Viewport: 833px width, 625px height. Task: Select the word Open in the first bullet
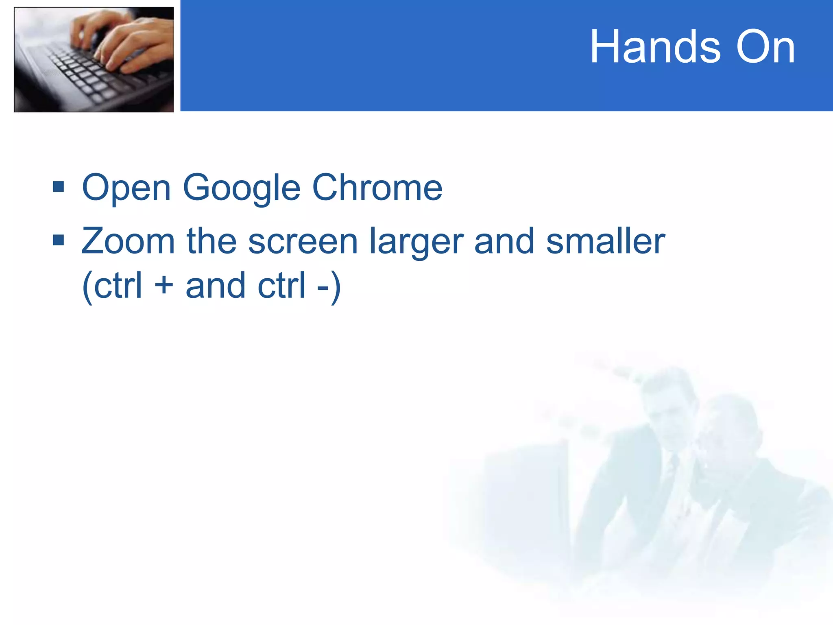coord(126,188)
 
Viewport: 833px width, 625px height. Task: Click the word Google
coord(242,188)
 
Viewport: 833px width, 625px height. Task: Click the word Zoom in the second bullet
coord(128,241)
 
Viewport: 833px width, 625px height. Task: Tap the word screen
coord(303,242)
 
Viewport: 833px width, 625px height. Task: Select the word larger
coord(416,242)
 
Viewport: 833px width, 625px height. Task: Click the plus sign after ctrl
coord(164,285)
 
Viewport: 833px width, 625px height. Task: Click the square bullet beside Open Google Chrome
coord(59,187)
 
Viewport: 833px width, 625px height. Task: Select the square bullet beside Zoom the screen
coord(59,240)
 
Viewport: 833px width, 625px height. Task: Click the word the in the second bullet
coord(212,241)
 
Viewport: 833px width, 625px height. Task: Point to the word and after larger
coord(504,241)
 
